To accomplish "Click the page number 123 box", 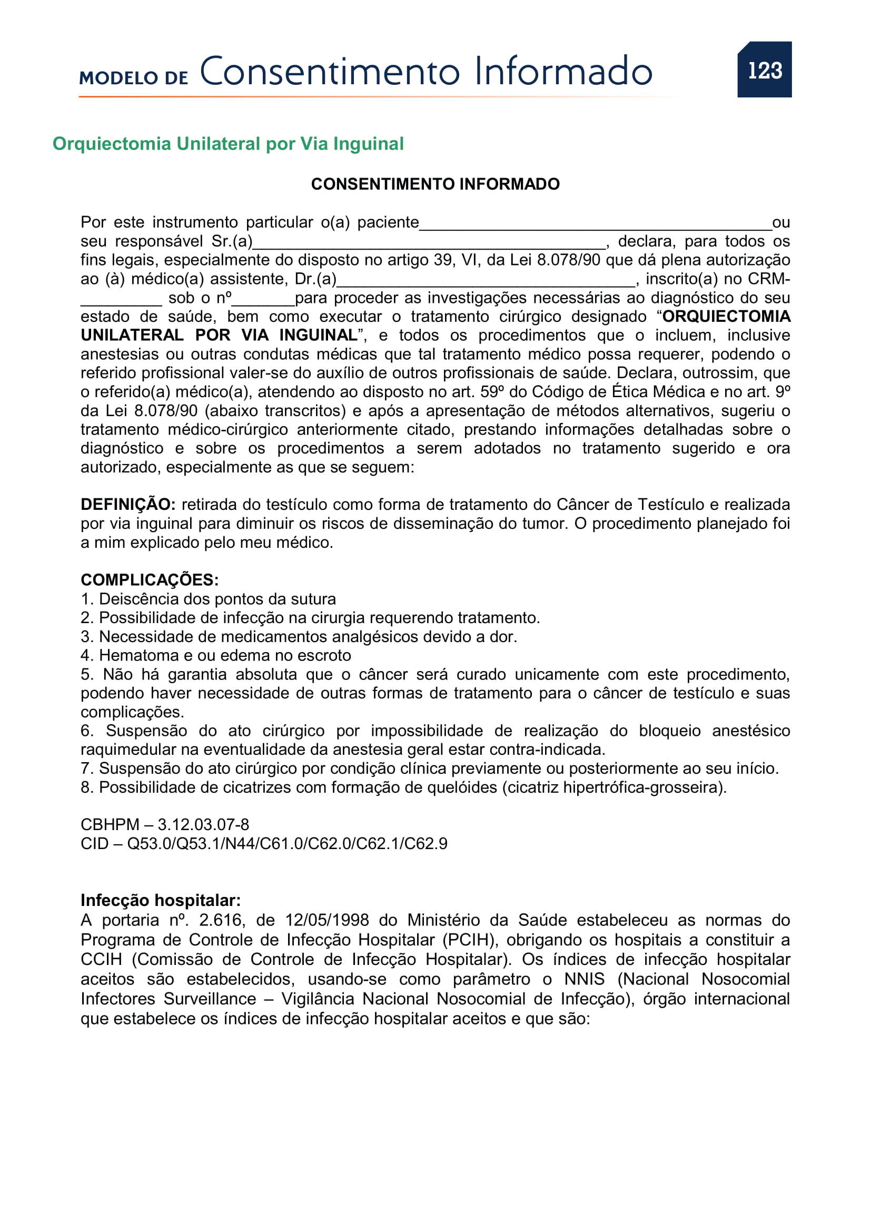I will click(x=764, y=70).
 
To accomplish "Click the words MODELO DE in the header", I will click(x=134, y=78).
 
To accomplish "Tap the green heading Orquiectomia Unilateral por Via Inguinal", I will click(x=228, y=144).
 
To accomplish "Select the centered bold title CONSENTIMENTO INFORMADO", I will click(x=435, y=184).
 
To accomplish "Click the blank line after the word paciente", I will click(x=596, y=225).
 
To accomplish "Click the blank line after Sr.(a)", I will click(x=429, y=245).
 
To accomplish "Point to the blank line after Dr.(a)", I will click(x=486, y=282).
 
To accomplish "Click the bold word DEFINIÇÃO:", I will click(x=128, y=505).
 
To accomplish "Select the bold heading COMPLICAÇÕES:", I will click(x=150, y=580).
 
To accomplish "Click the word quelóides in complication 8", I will click(x=462, y=787).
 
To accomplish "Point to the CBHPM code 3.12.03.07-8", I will click(x=203, y=825).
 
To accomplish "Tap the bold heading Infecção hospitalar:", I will click(x=161, y=900).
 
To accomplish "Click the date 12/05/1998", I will click(x=326, y=920).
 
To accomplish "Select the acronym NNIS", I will click(x=584, y=979).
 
